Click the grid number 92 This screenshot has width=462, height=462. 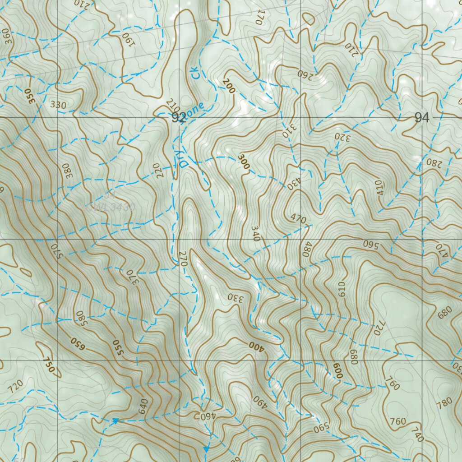(179, 118)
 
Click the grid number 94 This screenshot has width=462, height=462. (422, 118)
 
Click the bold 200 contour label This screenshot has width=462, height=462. (229, 86)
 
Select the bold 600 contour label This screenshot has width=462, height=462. (337, 370)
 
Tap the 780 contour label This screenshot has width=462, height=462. (444, 402)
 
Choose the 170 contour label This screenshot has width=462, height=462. (259, 17)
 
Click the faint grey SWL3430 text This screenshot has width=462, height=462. (111, 208)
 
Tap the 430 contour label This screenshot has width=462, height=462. (292, 183)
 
